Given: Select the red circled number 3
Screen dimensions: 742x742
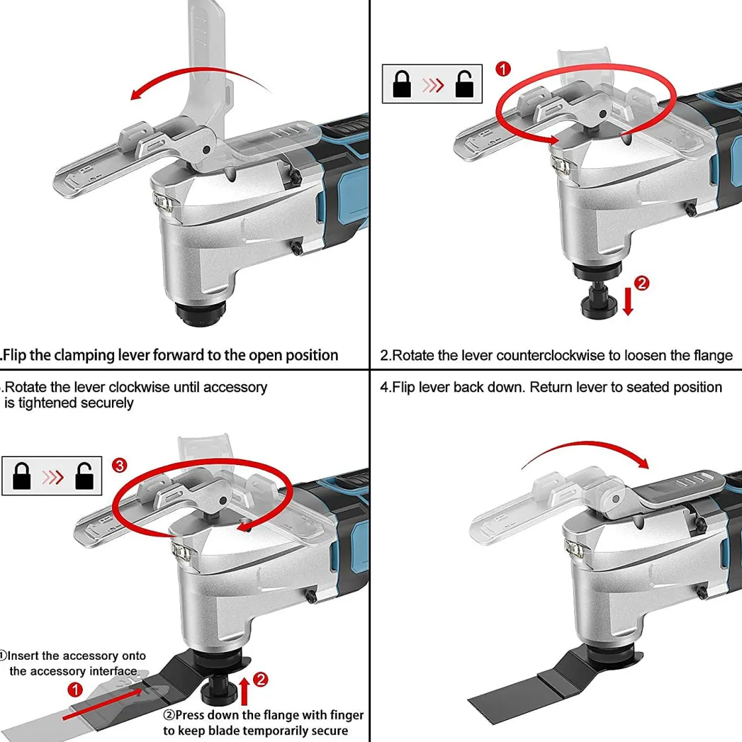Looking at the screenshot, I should [119, 465].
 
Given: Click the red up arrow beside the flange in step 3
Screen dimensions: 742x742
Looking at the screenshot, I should [244, 691].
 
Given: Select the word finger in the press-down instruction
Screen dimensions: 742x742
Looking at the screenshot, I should [343, 715].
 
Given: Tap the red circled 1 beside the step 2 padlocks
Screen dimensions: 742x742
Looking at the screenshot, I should [503, 68].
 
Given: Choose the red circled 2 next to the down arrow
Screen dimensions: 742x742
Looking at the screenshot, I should [641, 284].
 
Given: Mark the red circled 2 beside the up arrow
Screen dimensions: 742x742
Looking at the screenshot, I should [261, 679].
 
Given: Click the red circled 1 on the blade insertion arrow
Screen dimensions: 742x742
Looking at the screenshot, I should [76, 690].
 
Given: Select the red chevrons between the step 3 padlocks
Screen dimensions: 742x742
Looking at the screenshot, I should [52, 476].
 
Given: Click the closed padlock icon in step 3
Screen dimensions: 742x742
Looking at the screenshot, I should [22, 476].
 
